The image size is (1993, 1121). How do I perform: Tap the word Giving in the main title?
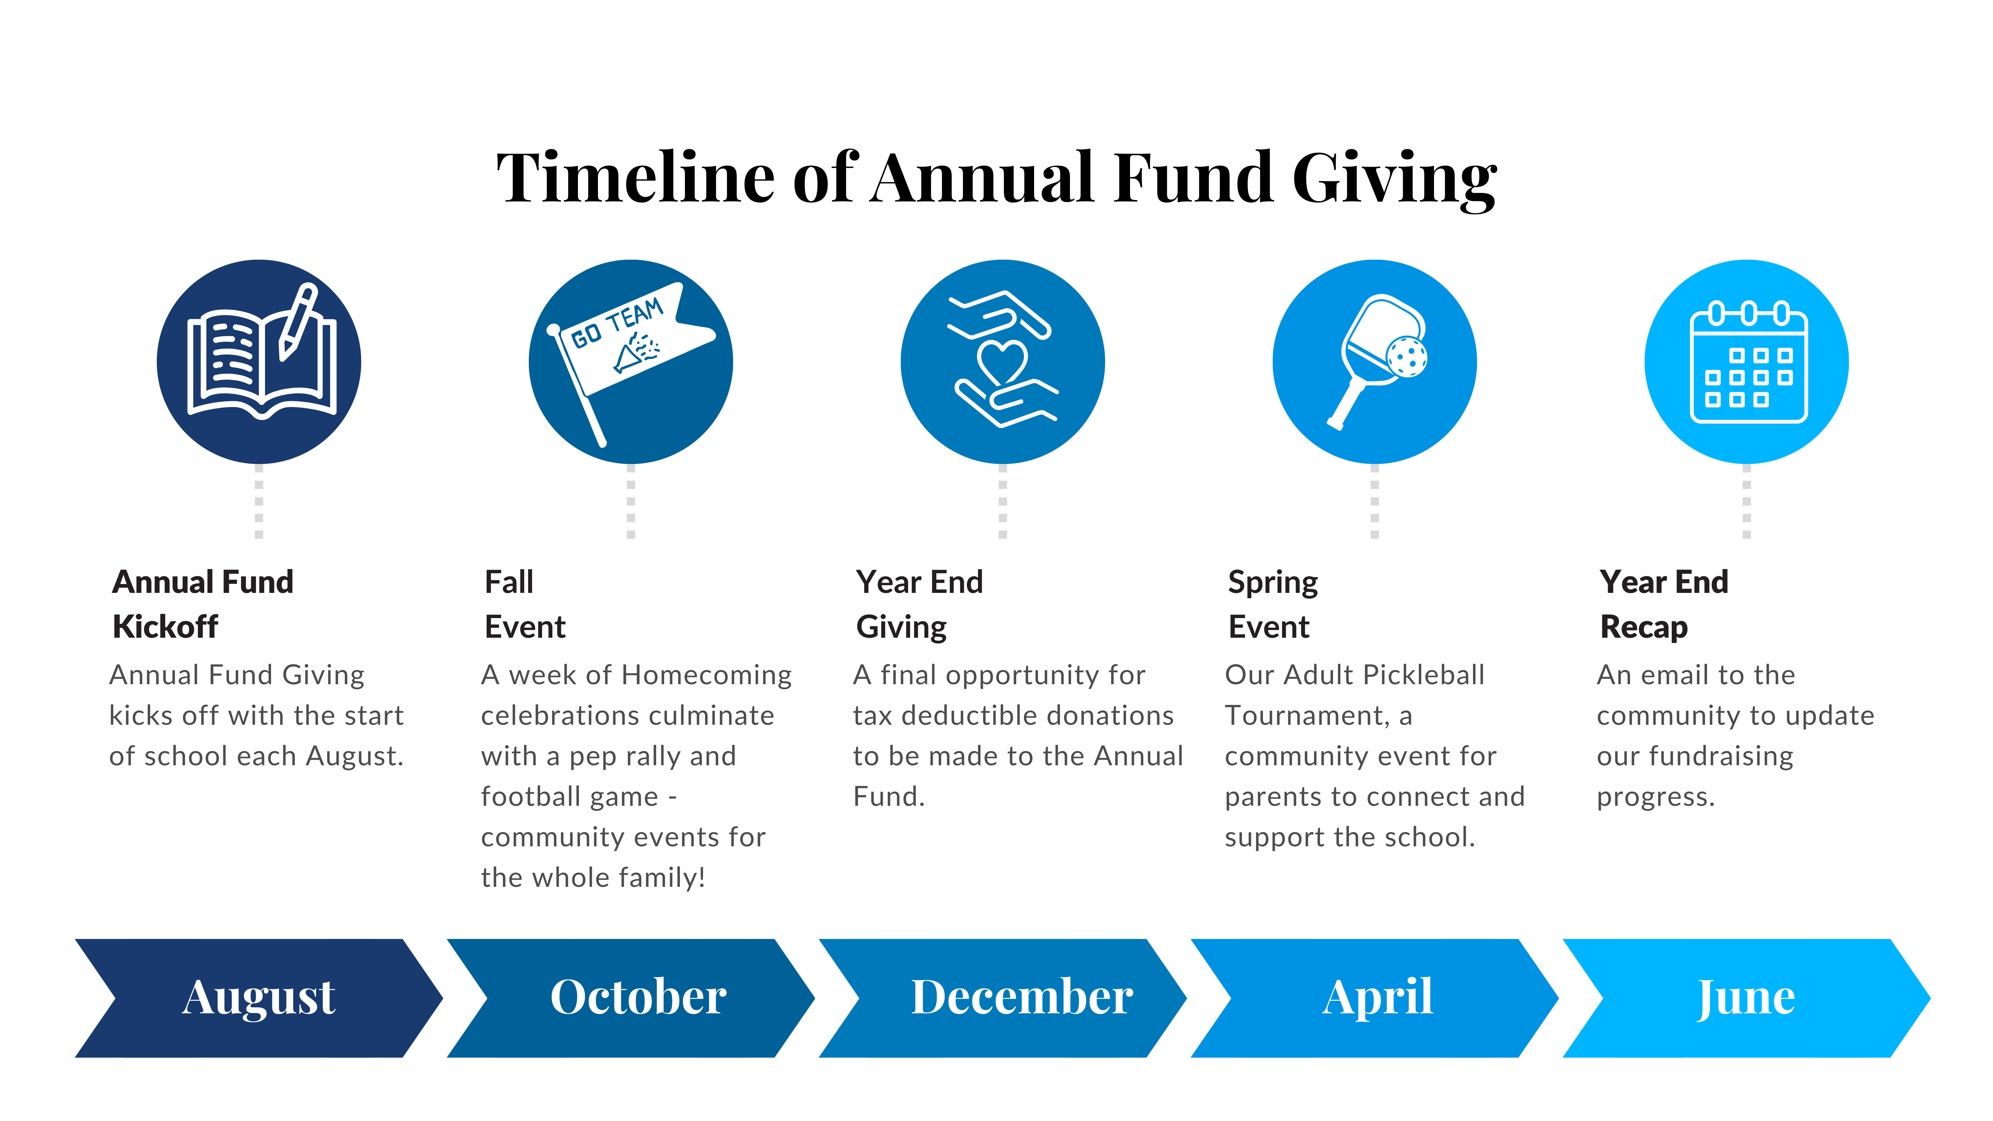[x=1395, y=179]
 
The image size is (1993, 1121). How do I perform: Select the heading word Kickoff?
[x=165, y=627]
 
